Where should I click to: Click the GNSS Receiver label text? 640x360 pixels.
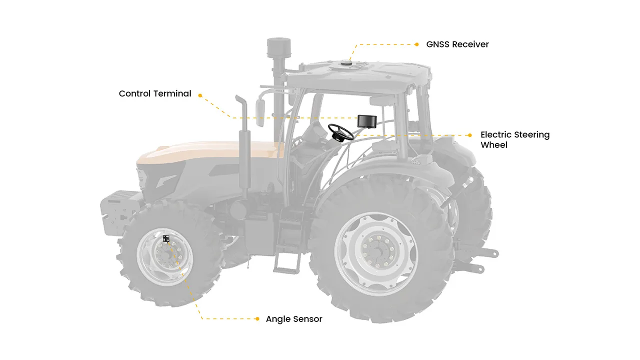click(457, 44)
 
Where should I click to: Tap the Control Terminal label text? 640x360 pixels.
click(155, 93)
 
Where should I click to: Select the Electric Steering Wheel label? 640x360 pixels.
click(515, 139)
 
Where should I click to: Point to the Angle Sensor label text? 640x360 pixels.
click(294, 319)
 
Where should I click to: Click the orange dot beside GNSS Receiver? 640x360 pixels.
click(416, 44)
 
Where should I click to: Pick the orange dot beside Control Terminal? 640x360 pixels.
click(200, 95)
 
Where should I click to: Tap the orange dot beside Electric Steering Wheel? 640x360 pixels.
click(469, 135)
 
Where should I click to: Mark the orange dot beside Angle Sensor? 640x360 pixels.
click(257, 319)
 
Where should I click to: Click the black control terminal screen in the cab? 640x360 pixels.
click(367, 121)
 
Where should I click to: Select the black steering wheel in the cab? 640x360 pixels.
click(341, 132)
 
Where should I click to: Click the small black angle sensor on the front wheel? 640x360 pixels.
click(166, 238)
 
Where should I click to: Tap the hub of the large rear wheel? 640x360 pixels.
click(377, 251)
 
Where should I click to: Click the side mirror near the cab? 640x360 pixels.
click(259, 113)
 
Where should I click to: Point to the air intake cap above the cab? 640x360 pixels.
click(279, 47)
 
